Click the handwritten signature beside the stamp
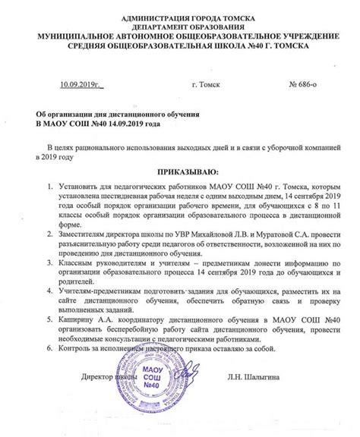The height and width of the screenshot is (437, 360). point(194,396)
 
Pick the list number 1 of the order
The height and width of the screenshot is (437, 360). point(49,186)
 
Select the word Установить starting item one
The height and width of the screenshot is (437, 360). point(81,186)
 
